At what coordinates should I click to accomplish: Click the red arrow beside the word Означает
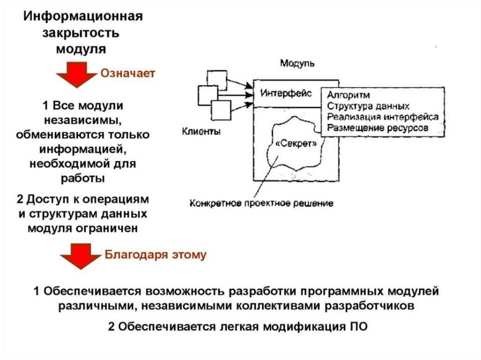(77, 75)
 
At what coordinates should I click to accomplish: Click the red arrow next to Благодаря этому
(81, 256)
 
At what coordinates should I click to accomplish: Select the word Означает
(128, 74)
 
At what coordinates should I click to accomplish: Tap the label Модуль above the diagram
(297, 63)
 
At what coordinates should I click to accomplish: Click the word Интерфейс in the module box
(286, 93)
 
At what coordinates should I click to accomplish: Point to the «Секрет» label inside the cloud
(296, 143)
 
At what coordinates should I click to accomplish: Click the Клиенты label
(201, 131)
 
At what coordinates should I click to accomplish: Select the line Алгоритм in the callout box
(349, 95)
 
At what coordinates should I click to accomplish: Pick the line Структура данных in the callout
(368, 106)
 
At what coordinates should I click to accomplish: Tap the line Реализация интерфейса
(382, 117)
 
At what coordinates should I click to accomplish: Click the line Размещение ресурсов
(378, 128)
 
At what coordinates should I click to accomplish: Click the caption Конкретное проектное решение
(261, 203)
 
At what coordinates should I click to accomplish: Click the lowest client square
(221, 110)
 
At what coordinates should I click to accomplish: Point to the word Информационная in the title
(83, 16)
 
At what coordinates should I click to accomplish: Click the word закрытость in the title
(81, 32)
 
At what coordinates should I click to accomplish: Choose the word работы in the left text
(83, 178)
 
